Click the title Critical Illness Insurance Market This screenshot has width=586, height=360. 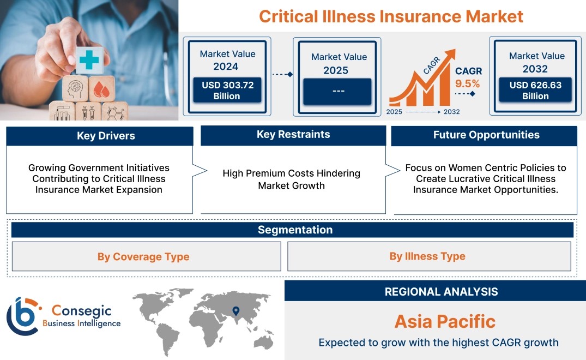point(391,16)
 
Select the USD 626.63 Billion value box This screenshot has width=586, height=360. point(535,89)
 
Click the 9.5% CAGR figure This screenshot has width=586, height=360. point(467,83)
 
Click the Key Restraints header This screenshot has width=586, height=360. point(293,135)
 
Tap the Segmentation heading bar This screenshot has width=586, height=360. point(292,230)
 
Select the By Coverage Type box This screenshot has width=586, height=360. point(147,256)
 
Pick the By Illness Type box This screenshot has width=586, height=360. point(429,256)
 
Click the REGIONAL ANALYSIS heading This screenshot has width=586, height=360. point(442,292)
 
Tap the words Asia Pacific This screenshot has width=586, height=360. point(445,321)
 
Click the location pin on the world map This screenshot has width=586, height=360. point(236,311)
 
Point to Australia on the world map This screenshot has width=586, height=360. point(264,342)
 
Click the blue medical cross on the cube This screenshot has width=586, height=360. point(89,60)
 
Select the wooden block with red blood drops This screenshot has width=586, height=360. point(101,89)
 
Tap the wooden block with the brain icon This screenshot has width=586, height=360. point(75,89)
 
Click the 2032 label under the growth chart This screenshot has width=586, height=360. point(452,112)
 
